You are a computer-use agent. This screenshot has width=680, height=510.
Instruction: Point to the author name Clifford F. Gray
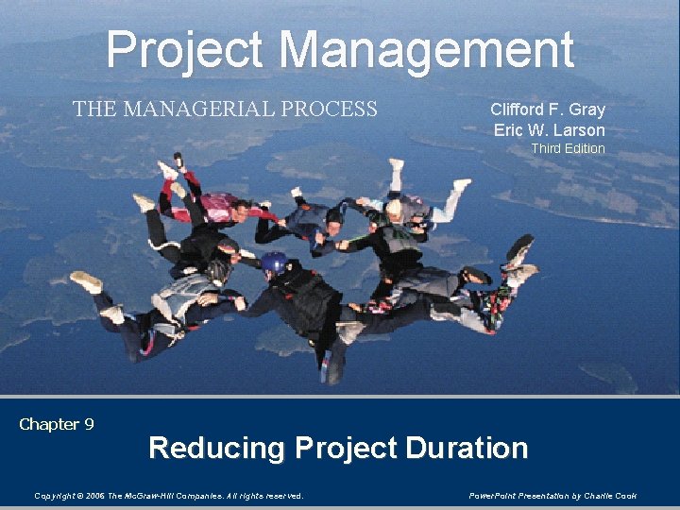[548, 109]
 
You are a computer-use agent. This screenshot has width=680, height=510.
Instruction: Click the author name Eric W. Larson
[549, 129]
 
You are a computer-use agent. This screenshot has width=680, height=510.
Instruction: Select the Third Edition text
[568, 148]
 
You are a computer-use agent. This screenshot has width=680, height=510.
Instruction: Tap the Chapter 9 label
[57, 424]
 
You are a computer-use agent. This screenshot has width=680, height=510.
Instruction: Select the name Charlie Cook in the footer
[614, 496]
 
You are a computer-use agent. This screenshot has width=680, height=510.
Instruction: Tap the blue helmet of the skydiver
[274, 263]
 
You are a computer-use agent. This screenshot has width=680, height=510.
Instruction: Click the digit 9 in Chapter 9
[89, 424]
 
